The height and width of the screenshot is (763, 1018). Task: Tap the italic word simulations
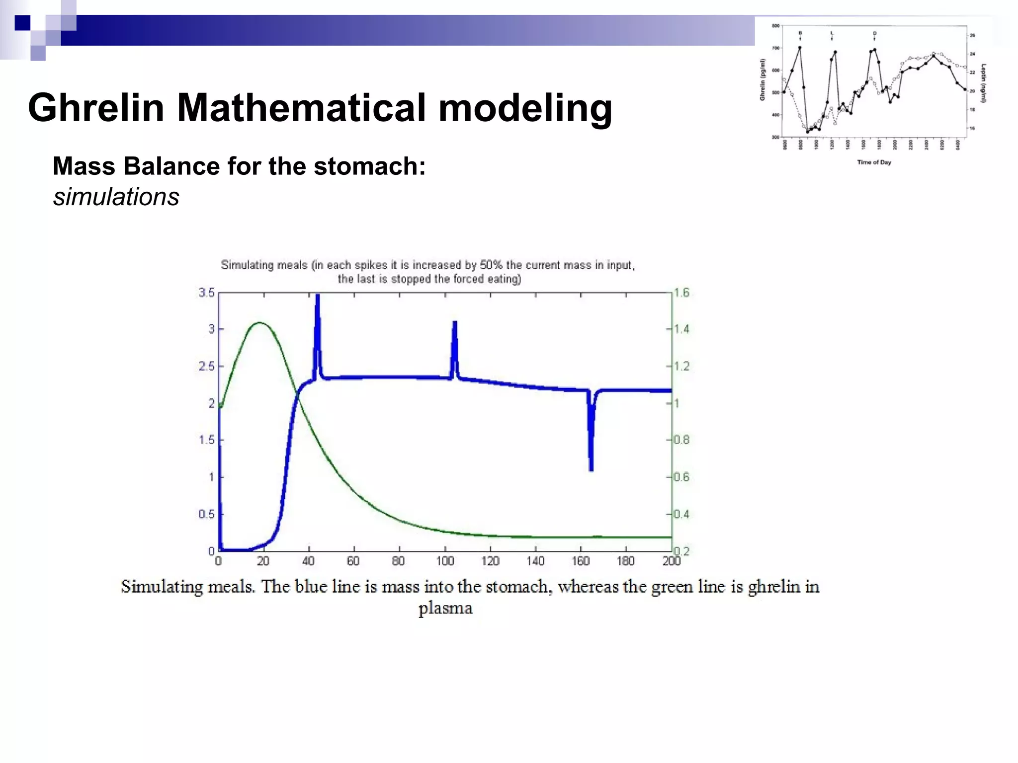(116, 197)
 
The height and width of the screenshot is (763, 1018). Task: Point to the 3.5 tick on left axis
(207, 293)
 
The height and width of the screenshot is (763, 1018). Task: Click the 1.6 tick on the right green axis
(681, 293)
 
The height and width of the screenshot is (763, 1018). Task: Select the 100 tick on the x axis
(445, 561)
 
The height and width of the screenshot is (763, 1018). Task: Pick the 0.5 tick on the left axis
(207, 514)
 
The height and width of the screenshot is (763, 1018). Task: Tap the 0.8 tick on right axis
(681, 440)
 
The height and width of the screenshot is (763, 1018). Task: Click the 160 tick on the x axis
(581, 561)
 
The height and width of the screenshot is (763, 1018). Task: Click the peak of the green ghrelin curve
(259, 323)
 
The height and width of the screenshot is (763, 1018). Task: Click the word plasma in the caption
(445, 608)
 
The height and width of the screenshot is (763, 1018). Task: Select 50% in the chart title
(491, 265)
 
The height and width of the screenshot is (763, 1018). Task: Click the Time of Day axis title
(874, 162)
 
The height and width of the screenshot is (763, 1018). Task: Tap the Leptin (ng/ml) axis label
(983, 83)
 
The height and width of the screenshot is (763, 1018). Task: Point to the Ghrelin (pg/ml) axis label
(763, 79)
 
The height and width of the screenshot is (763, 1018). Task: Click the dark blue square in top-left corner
(22, 23)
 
